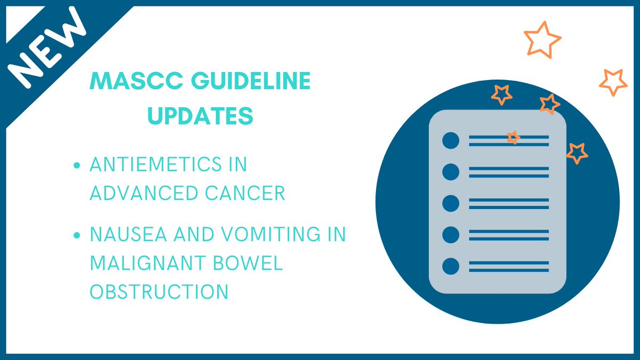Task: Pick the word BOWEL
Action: coord(252,264)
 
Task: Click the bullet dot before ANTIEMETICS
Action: coord(78,165)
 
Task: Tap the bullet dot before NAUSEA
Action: coord(78,236)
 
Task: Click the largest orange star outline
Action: coord(542,39)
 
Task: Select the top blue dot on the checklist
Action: coord(451,140)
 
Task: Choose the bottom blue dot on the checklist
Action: coord(451,266)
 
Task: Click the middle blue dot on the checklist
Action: coord(451,203)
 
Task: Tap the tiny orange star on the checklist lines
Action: coord(513,138)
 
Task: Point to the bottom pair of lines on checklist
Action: coord(508,266)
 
